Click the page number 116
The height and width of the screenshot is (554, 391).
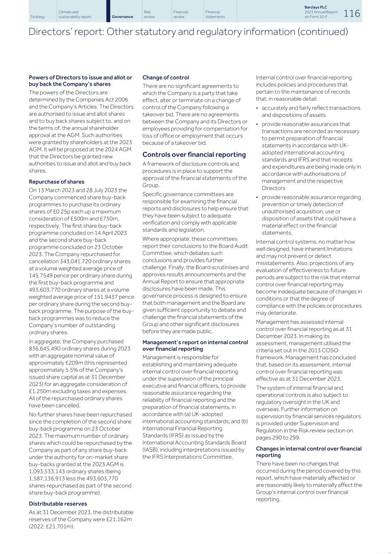[x=352, y=13]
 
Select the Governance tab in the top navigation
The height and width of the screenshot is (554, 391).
[x=122, y=17]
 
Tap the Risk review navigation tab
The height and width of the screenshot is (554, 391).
[x=149, y=15]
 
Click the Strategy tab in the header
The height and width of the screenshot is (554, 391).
[x=38, y=17]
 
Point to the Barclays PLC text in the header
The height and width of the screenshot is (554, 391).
[x=316, y=7]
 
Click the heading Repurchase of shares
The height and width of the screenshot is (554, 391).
[x=56, y=182]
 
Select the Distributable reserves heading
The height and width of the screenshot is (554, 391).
[x=58, y=504]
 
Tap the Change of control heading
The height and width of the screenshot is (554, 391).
[x=165, y=78]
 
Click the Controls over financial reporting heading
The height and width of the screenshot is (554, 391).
[x=194, y=155]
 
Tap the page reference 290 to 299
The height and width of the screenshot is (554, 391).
[x=285, y=438]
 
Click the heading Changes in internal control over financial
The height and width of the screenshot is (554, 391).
[x=308, y=448]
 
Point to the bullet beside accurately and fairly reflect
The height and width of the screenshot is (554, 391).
[x=258, y=108]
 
